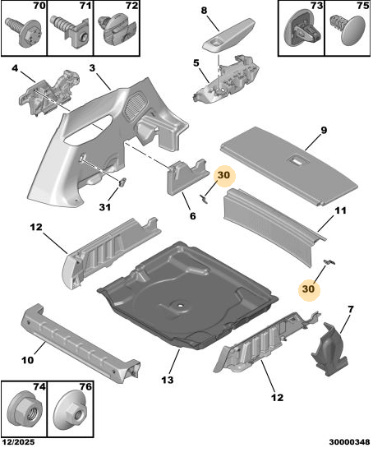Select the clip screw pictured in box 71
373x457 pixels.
point(70,30)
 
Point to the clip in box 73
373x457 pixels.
point(302,28)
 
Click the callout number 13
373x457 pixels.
point(168,380)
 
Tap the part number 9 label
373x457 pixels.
point(324,131)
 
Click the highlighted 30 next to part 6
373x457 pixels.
point(223,175)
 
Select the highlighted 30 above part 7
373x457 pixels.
point(308,289)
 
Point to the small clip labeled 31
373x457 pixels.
point(123,182)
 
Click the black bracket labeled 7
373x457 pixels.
point(330,349)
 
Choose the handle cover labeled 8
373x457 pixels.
point(228,36)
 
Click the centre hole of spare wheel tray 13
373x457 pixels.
point(181,306)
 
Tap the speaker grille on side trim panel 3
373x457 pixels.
point(136,105)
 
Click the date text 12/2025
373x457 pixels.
point(20,442)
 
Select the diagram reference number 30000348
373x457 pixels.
point(349,442)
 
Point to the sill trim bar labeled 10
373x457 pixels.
point(81,344)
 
